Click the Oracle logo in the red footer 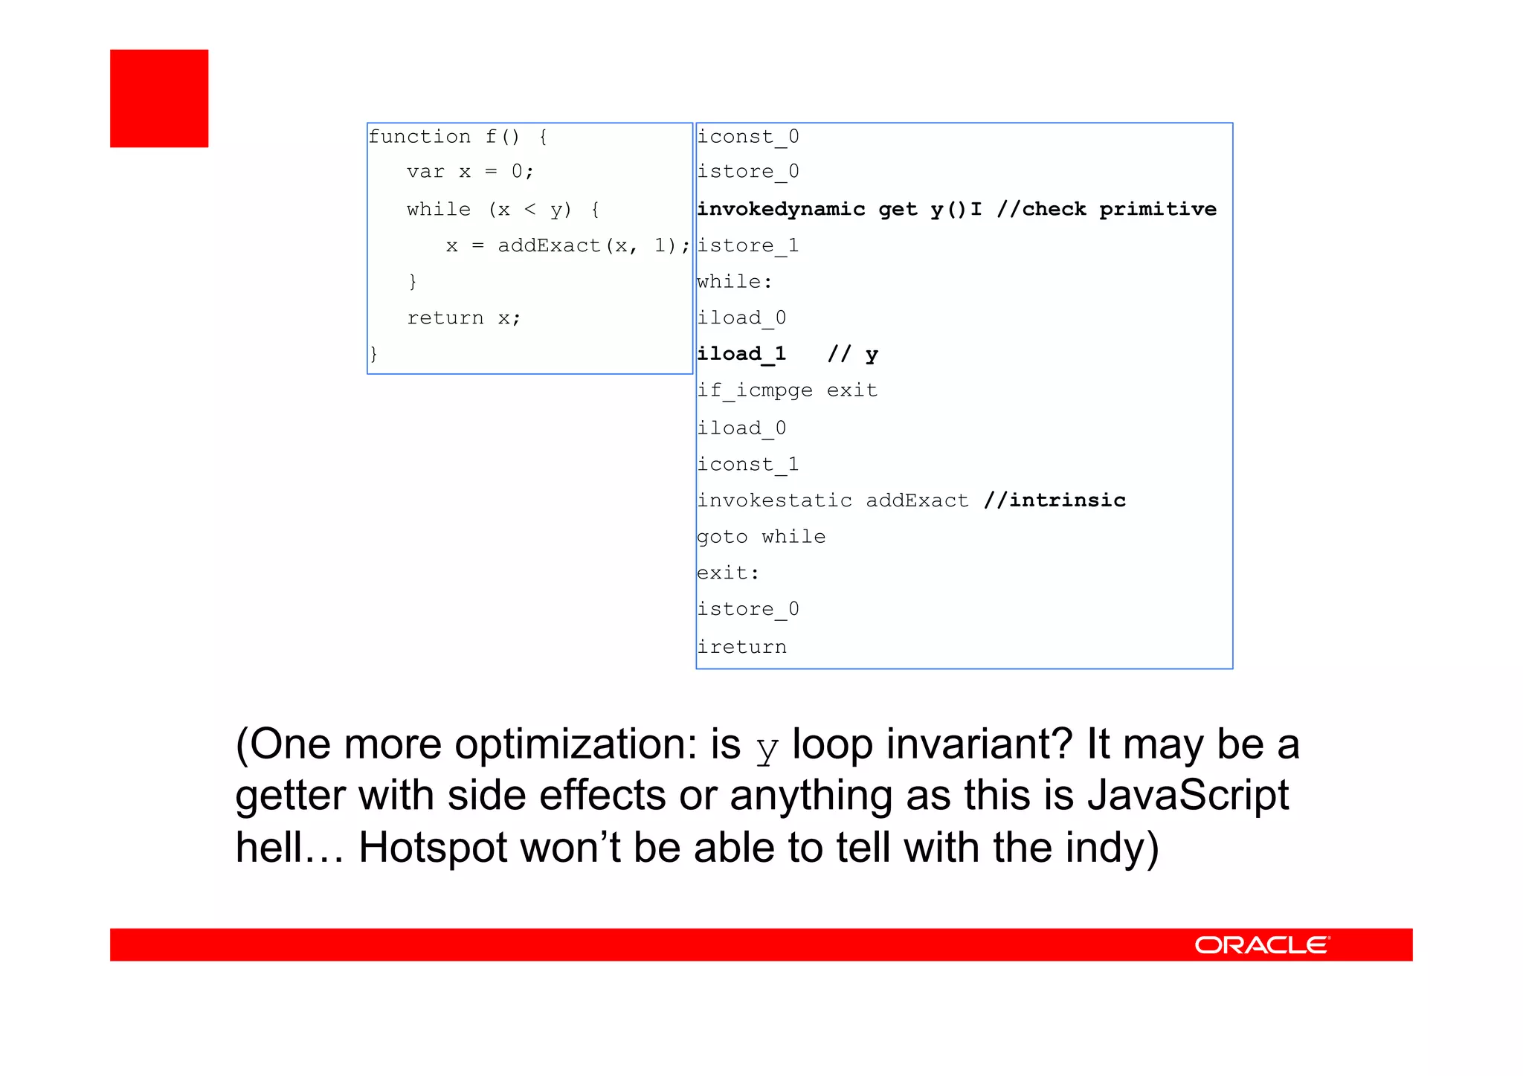click(x=1262, y=945)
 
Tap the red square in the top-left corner click(x=159, y=98)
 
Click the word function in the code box click(x=419, y=137)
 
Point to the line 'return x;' click(x=464, y=318)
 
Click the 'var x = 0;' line click(x=470, y=172)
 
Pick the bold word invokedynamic click(x=781, y=209)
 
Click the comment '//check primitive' click(x=1107, y=209)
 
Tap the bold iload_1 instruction click(x=741, y=354)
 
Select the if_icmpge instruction click(x=754, y=390)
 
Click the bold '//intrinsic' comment click(x=1054, y=500)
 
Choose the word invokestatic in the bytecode click(x=774, y=500)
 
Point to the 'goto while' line click(x=761, y=537)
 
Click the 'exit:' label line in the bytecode click(x=728, y=573)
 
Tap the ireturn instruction click(x=741, y=647)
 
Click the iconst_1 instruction click(x=747, y=465)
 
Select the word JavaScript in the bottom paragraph click(x=1188, y=796)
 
